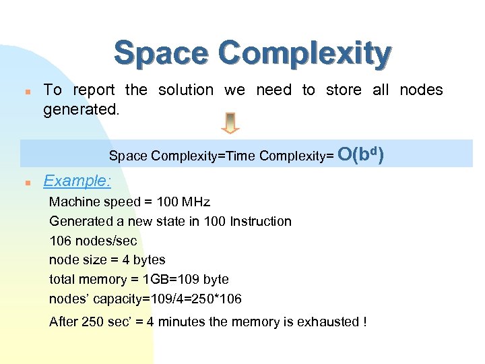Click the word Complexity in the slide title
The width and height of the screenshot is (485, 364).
[305, 53]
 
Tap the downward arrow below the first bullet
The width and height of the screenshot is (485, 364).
[230, 123]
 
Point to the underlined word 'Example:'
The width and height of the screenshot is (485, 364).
[77, 181]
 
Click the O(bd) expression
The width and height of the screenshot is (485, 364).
[361, 155]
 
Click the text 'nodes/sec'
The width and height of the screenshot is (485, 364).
[105, 241]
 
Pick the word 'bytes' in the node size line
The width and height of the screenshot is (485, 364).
[149, 260]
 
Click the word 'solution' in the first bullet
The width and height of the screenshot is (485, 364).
[185, 90]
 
